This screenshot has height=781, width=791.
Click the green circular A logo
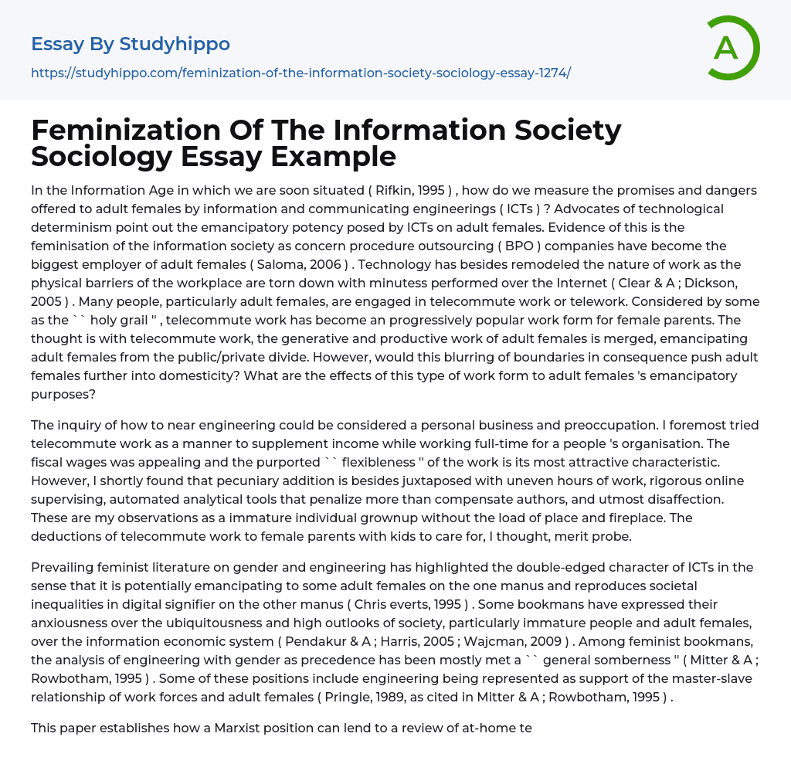[732, 48]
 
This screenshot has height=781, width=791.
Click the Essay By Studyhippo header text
[131, 44]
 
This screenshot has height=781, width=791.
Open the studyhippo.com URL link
[300, 73]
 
